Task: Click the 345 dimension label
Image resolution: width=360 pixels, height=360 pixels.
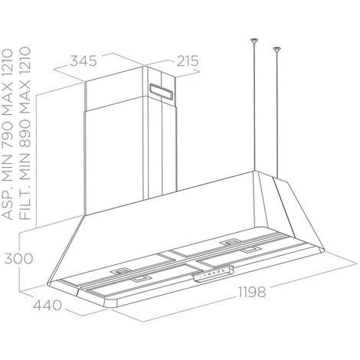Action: tap(83, 61)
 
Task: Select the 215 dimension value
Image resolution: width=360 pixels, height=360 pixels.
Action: tap(188, 61)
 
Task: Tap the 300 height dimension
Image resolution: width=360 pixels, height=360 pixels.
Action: tap(18, 259)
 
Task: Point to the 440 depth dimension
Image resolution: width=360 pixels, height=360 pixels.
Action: tap(47, 306)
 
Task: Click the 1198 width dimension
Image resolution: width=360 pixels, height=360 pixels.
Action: tap(252, 292)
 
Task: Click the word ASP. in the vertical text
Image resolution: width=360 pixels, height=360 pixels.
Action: tap(7, 201)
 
